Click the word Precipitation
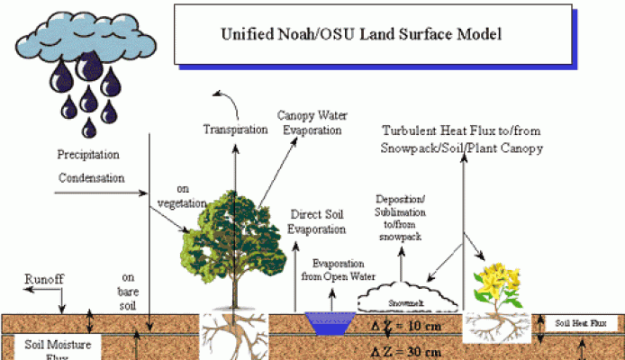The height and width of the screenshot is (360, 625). tap(89, 154)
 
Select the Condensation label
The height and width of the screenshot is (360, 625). tap(92, 177)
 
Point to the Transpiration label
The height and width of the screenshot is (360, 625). tap(235, 129)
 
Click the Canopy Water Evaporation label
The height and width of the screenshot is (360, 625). tap(310, 123)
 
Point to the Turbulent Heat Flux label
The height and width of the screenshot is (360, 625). tap(463, 139)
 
